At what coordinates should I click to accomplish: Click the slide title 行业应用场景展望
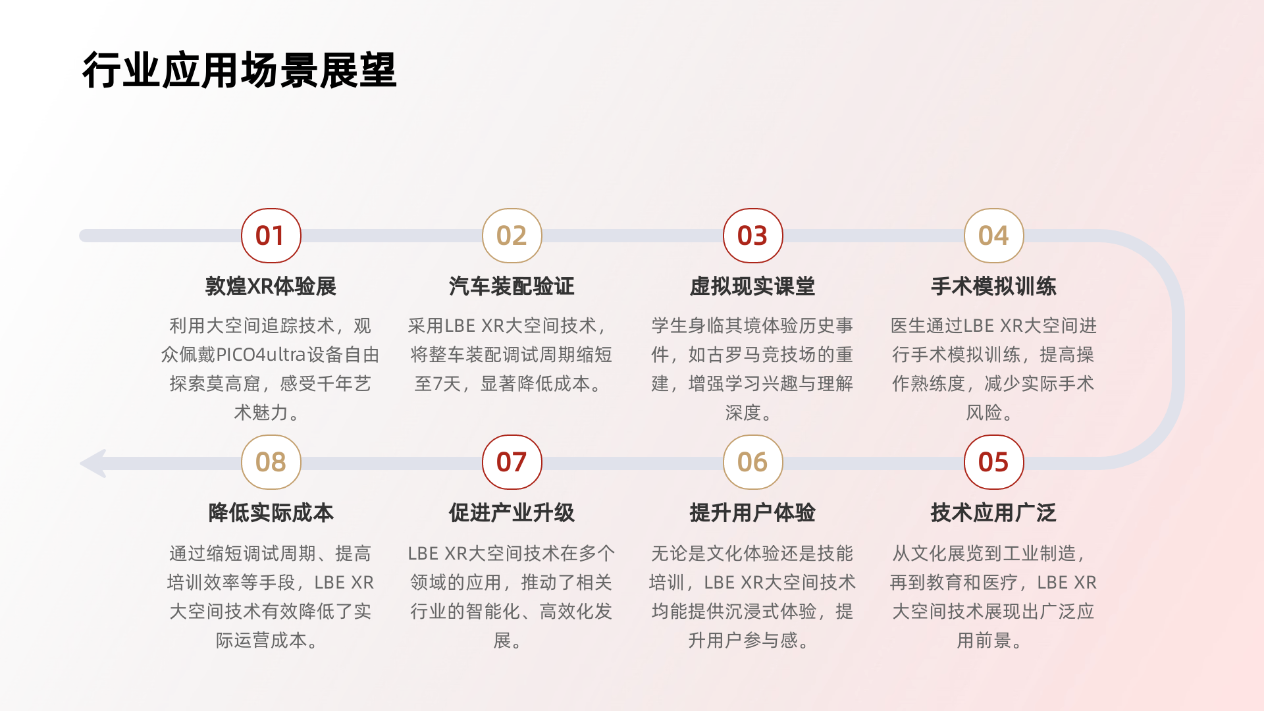click(239, 70)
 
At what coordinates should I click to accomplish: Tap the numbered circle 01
click(271, 236)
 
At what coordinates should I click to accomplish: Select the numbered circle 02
click(512, 236)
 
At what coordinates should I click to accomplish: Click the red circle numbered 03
click(752, 236)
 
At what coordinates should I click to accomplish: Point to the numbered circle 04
click(993, 236)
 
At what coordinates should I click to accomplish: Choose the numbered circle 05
click(993, 462)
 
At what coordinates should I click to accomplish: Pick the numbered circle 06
click(752, 462)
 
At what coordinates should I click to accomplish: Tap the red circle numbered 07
click(512, 462)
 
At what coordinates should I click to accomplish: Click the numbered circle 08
click(271, 462)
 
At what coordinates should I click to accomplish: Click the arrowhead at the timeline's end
click(94, 463)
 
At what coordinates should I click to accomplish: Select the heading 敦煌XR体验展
click(271, 286)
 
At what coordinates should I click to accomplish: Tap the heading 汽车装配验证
click(512, 286)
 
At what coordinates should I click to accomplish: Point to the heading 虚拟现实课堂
click(752, 286)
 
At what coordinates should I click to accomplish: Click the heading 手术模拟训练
click(993, 286)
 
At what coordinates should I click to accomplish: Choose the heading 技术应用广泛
click(993, 513)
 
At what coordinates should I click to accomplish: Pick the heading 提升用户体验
click(752, 513)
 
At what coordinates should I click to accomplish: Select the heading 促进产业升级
click(512, 513)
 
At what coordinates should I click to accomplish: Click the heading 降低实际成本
click(271, 513)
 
